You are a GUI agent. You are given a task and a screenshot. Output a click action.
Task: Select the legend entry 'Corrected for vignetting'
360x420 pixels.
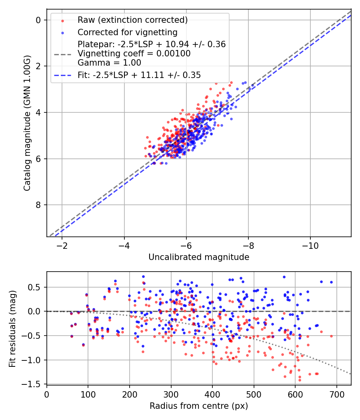tap(127, 32)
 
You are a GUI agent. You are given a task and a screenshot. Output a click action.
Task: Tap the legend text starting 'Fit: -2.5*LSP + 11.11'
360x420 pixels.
tap(139, 75)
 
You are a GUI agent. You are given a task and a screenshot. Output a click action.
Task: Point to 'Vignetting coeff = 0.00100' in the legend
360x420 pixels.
tap(134, 53)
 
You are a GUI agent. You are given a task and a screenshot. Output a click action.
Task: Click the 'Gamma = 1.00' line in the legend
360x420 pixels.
tap(109, 62)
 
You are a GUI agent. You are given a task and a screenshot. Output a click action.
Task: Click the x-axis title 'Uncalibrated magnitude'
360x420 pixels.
tap(199, 257)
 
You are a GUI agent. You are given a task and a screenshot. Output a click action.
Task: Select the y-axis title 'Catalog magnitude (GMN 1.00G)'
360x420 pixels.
tap(27, 123)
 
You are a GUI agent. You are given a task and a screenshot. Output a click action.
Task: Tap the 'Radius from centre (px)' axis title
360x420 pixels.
tap(199, 406)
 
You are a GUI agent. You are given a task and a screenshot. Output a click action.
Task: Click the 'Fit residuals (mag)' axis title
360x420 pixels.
tap(13, 328)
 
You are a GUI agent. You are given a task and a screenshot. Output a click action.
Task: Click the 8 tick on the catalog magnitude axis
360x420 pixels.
tap(39, 205)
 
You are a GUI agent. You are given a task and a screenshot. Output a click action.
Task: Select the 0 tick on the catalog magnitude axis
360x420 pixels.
tap(39, 20)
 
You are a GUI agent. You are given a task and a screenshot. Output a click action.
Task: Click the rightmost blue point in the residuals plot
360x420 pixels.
tap(331, 282)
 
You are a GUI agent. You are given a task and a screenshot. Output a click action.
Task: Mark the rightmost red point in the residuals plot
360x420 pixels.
tap(331, 336)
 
